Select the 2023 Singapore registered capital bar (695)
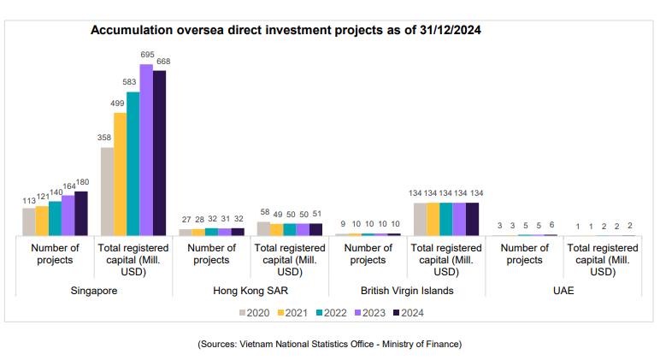pyautogui.click(x=146, y=150)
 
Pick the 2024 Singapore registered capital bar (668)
pyautogui.click(x=159, y=153)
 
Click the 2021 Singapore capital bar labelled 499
pyautogui.click(x=120, y=174)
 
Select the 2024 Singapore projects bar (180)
pyautogui.click(x=81, y=213)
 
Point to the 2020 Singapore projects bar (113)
pyautogui.click(x=29, y=221)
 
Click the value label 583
pyautogui.click(x=133, y=82)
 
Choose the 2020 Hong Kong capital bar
pyautogui.click(x=263, y=228)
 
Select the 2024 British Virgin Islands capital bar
pyautogui.click(x=472, y=219)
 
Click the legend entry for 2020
pyautogui.click(x=253, y=312)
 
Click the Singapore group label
pyautogui.click(x=94, y=291)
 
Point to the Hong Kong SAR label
pyautogui.click(x=250, y=291)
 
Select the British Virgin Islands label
pyautogui.click(x=407, y=291)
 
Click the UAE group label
pyautogui.click(x=563, y=291)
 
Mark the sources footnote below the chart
pyautogui.click(x=329, y=344)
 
